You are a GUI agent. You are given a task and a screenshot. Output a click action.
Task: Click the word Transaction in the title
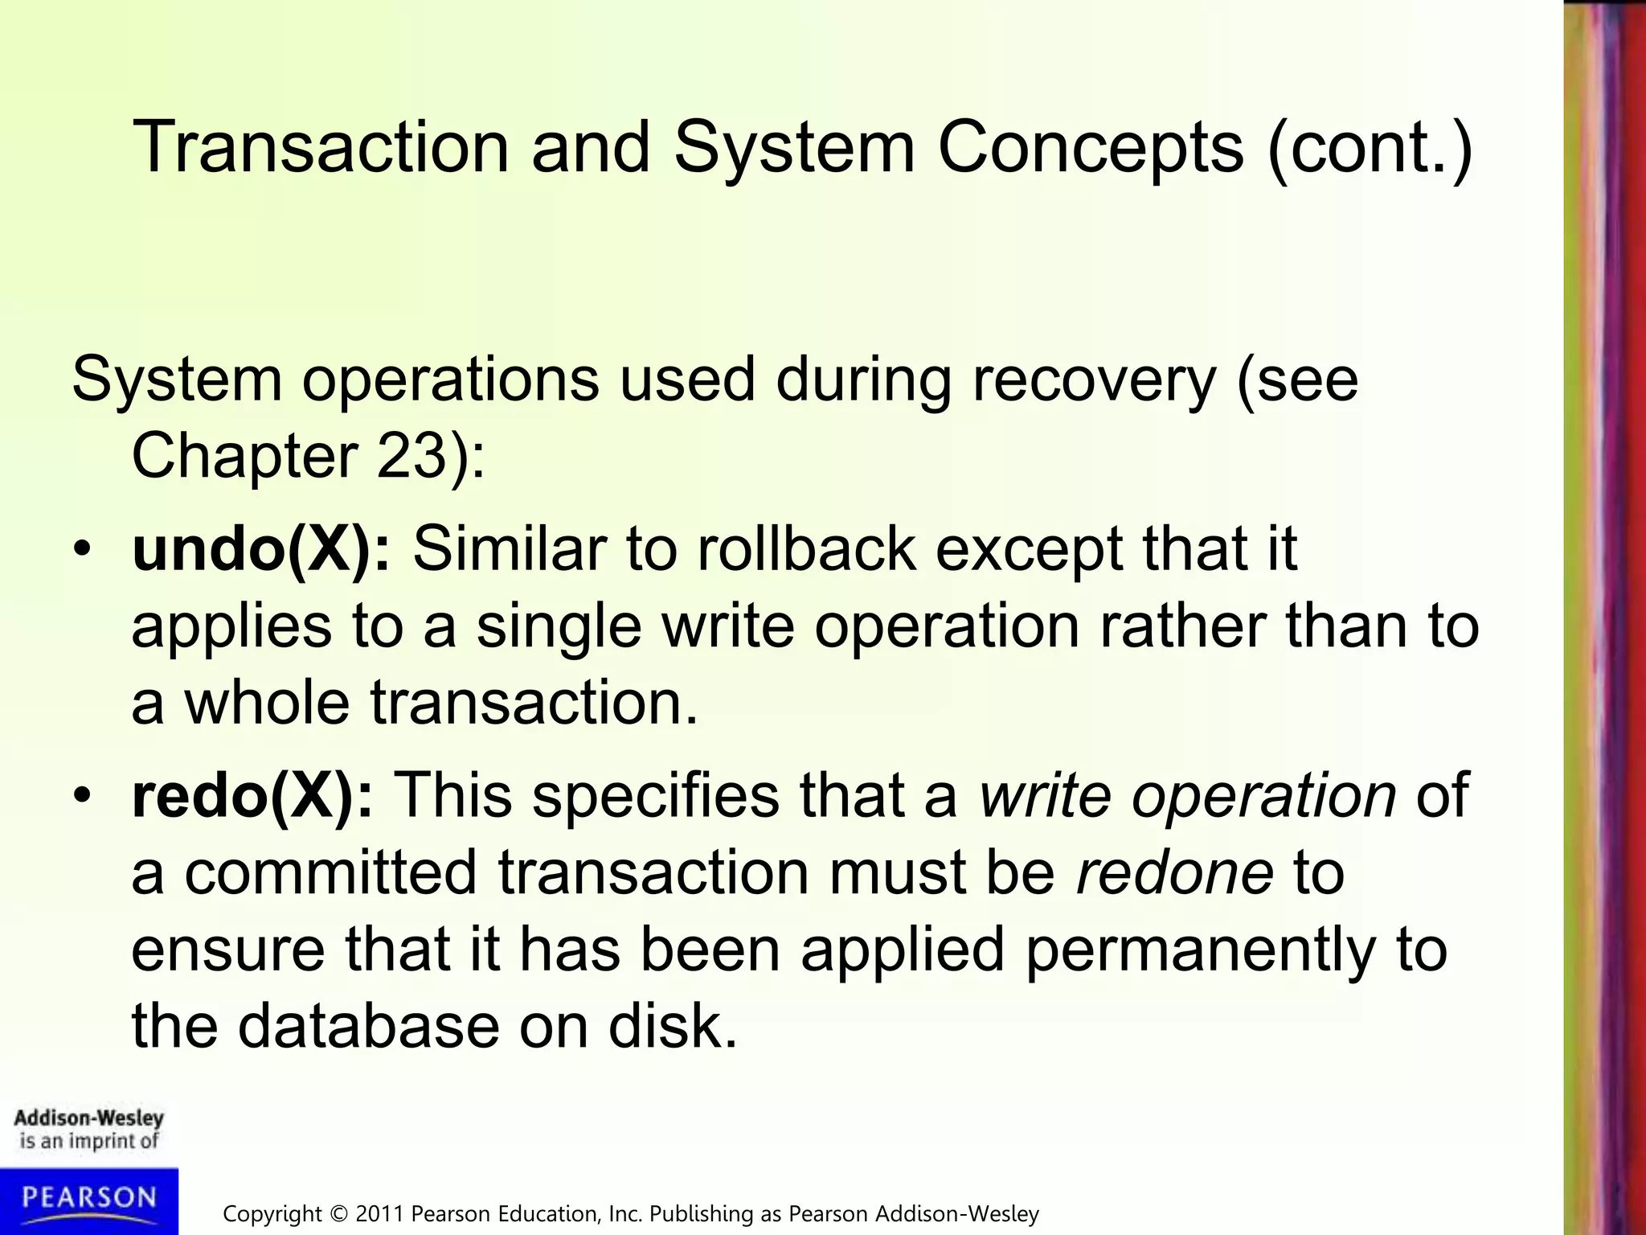pyautogui.click(x=320, y=147)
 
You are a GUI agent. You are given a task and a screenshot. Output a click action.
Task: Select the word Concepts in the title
pyautogui.click(x=1090, y=147)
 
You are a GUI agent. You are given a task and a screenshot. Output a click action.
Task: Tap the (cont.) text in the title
pyautogui.click(x=1370, y=147)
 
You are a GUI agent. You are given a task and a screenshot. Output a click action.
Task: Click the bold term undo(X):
pyautogui.click(x=262, y=549)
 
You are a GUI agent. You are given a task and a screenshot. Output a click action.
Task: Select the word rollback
pyautogui.click(x=806, y=549)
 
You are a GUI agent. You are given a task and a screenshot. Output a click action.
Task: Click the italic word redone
pyautogui.click(x=1174, y=873)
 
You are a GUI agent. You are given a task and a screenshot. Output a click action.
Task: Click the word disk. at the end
pyautogui.click(x=672, y=1027)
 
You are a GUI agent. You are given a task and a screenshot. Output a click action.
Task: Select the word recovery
pyautogui.click(x=1094, y=380)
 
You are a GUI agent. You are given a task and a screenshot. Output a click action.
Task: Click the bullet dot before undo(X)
pyautogui.click(x=82, y=551)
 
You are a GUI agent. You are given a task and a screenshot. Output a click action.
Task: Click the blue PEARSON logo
pyautogui.click(x=88, y=1199)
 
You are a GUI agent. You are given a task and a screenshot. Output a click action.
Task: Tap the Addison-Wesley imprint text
pyautogui.click(x=88, y=1118)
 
